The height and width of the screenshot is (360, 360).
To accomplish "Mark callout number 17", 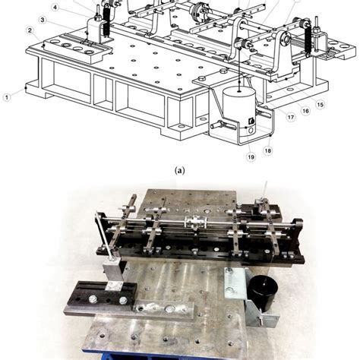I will click(290, 117).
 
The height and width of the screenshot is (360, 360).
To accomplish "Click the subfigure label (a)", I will click(179, 171).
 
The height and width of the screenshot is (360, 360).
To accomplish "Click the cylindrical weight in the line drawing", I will click(240, 103).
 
